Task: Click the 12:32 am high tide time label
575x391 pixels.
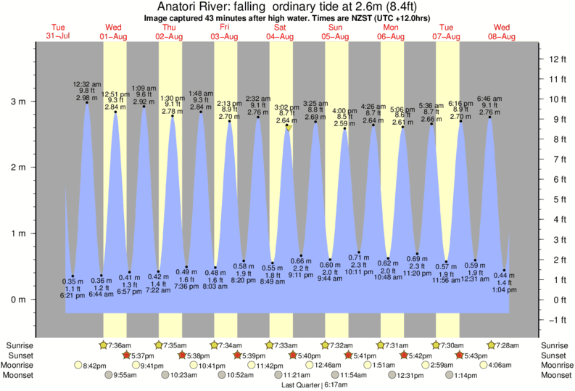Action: point(86,83)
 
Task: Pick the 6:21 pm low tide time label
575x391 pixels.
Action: point(73,295)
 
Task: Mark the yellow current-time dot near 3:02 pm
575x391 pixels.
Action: point(288,127)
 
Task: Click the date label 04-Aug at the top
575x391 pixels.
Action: point(281,36)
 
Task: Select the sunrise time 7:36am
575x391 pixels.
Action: point(120,345)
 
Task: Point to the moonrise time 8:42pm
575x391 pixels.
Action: point(95,366)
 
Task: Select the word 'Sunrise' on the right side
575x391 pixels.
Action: point(555,345)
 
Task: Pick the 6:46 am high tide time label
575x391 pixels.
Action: point(489,98)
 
